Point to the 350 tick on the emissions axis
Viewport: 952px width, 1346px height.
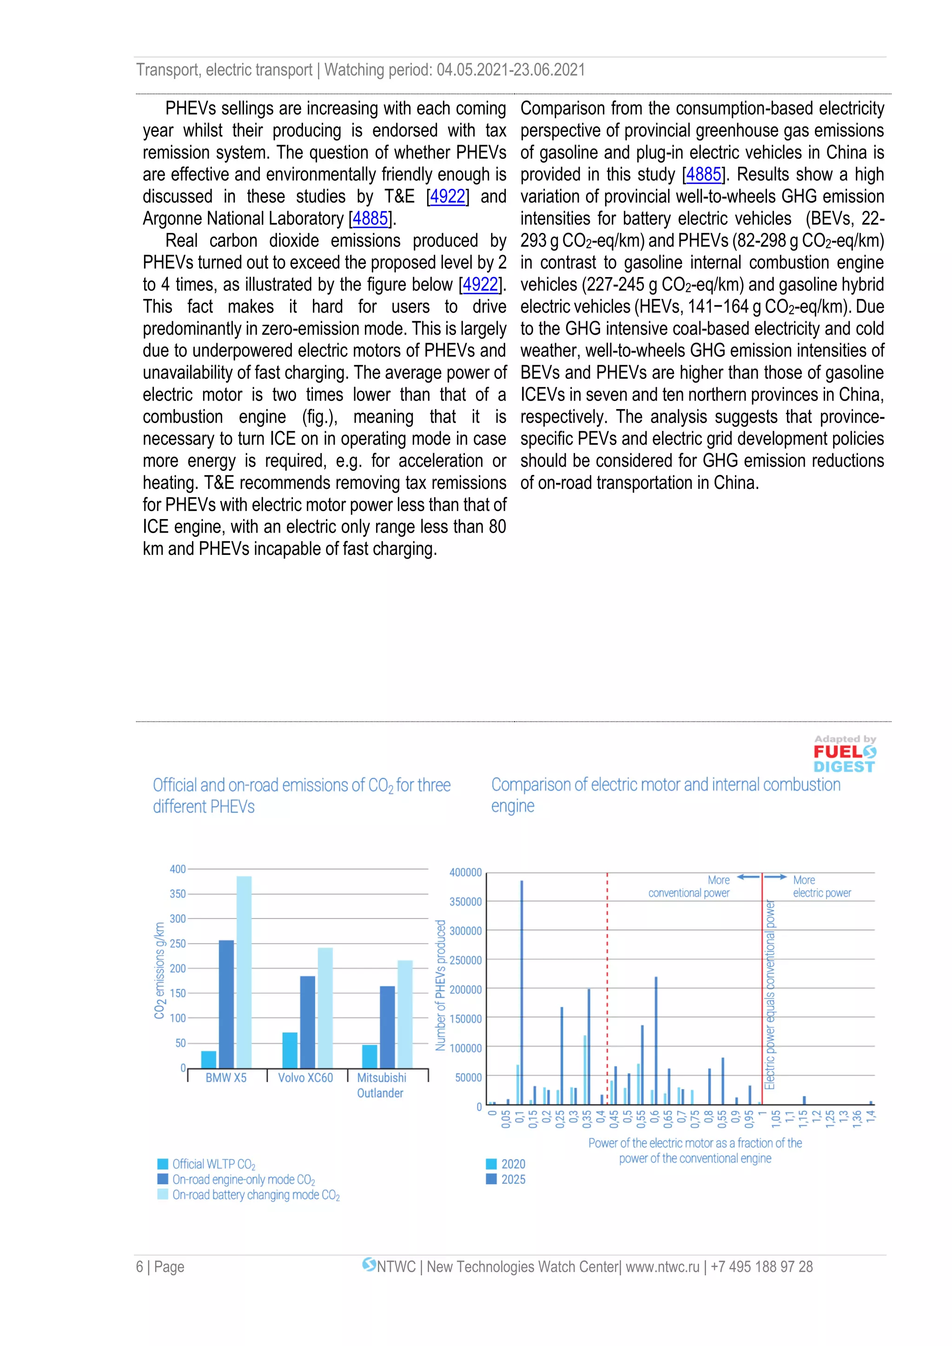pos(178,894)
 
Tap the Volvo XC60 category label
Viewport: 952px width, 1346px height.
pos(305,1077)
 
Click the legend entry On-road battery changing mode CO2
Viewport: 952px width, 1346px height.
pos(256,1195)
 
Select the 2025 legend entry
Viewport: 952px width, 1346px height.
pos(513,1180)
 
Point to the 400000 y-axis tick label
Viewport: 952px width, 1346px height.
pos(465,872)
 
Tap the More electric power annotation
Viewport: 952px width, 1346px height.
pos(821,886)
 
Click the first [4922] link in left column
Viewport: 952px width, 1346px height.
pos(448,197)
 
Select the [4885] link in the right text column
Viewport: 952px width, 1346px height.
pos(703,175)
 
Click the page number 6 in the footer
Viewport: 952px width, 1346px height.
pos(139,1267)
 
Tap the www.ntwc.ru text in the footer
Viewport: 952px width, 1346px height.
pos(662,1267)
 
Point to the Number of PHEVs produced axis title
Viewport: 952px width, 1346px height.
pos(440,985)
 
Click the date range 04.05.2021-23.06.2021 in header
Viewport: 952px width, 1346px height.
pos(510,70)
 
